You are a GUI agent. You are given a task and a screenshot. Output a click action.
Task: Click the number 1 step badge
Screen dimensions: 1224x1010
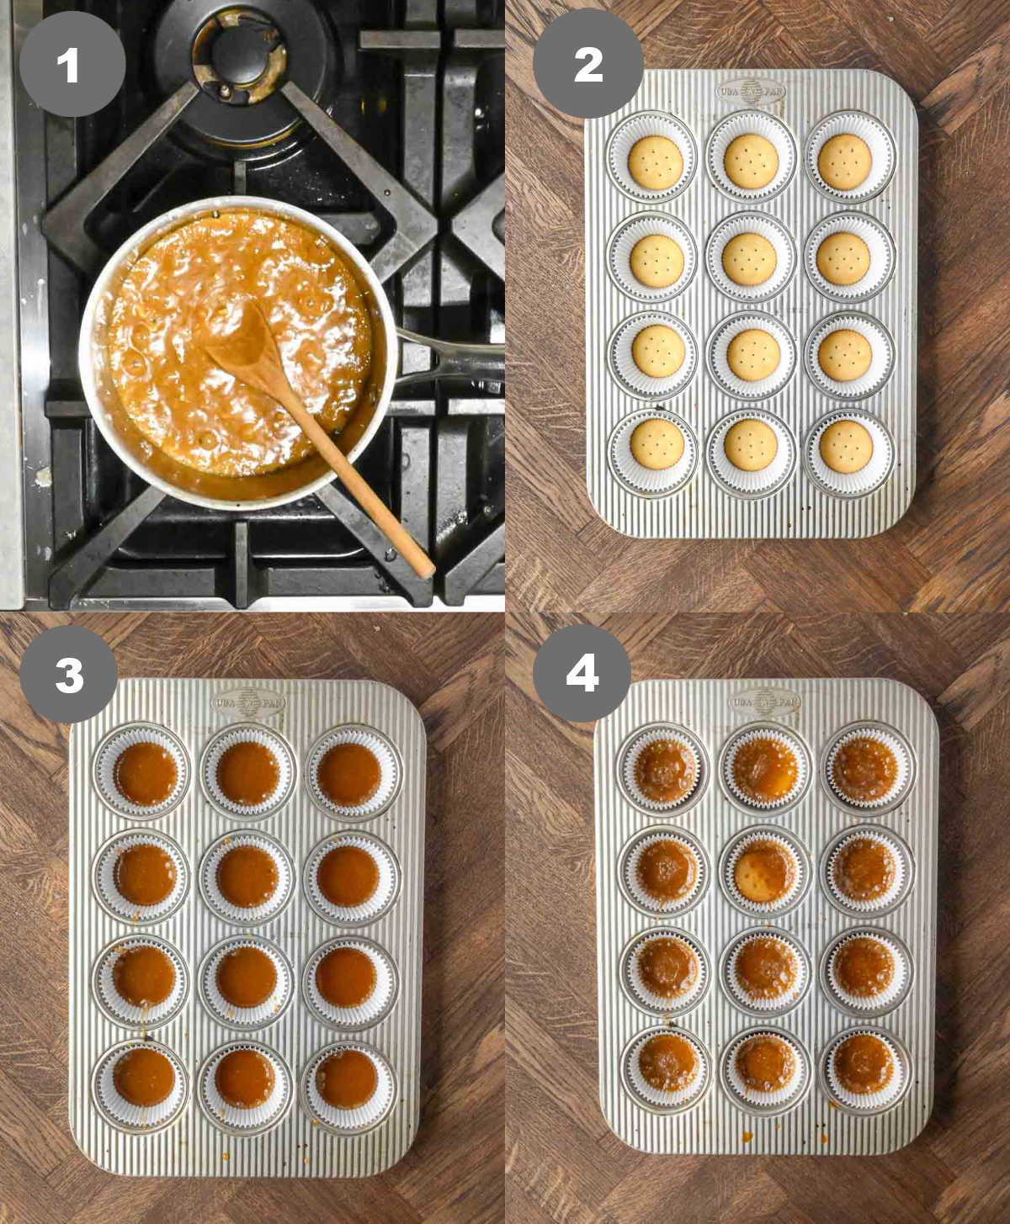pyautogui.click(x=72, y=64)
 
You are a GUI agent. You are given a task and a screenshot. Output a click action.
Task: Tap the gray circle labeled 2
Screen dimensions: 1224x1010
pyautogui.click(x=588, y=64)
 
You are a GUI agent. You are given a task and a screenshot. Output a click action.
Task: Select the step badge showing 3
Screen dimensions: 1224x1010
pyautogui.click(x=69, y=674)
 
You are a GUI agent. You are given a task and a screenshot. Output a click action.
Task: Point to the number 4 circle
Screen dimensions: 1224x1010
pyautogui.click(x=582, y=673)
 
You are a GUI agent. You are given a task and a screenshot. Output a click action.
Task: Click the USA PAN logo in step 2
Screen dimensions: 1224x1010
pyautogui.click(x=750, y=90)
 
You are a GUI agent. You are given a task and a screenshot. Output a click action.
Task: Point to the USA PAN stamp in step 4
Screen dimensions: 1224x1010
pyautogui.click(x=764, y=701)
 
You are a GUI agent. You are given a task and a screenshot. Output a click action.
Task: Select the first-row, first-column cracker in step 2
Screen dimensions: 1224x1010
pyautogui.click(x=653, y=160)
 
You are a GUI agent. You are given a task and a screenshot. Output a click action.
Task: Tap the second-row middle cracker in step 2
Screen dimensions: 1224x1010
pyautogui.click(x=749, y=257)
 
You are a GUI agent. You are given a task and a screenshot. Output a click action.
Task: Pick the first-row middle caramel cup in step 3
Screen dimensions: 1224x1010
pyautogui.click(x=247, y=772)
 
